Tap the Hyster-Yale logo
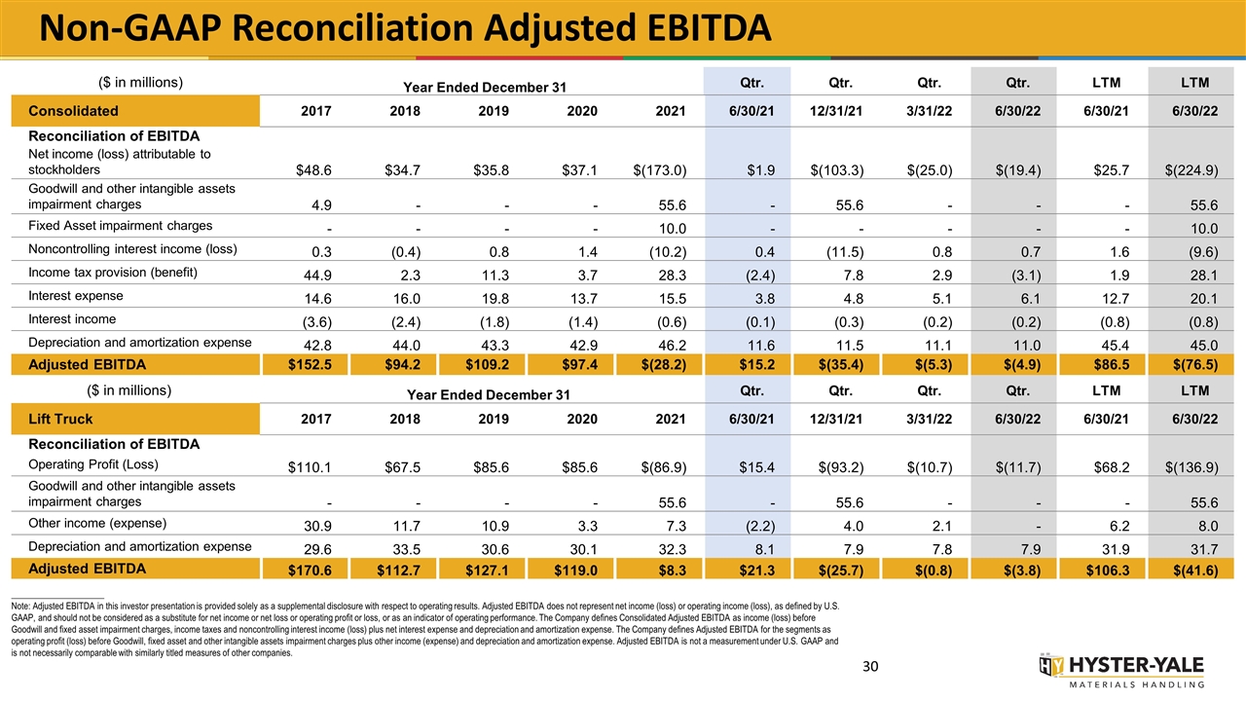pyautogui.click(x=1121, y=671)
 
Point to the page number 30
pyautogui.click(x=870, y=667)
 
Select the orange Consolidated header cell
pyautogui.click(x=135, y=111)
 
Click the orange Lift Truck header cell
pyautogui.click(x=135, y=419)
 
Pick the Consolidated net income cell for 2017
pyautogui.click(x=313, y=170)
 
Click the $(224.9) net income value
pyautogui.click(x=1191, y=170)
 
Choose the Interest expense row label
pyautogui.click(x=76, y=296)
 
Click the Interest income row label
pyautogui.click(x=72, y=319)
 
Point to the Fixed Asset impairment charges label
pyautogui.click(x=120, y=226)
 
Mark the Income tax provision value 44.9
pyautogui.click(x=318, y=276)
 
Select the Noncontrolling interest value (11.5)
pyautogui.click(x=845, y=252)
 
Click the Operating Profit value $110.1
pyautogui.click(x=310, y=467)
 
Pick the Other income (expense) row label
pyautogui.click(x=97, y=524)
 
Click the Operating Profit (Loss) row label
pyautogui.click(x=93, y=464)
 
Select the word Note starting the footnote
pyautogui.click(x=20, y=607)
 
